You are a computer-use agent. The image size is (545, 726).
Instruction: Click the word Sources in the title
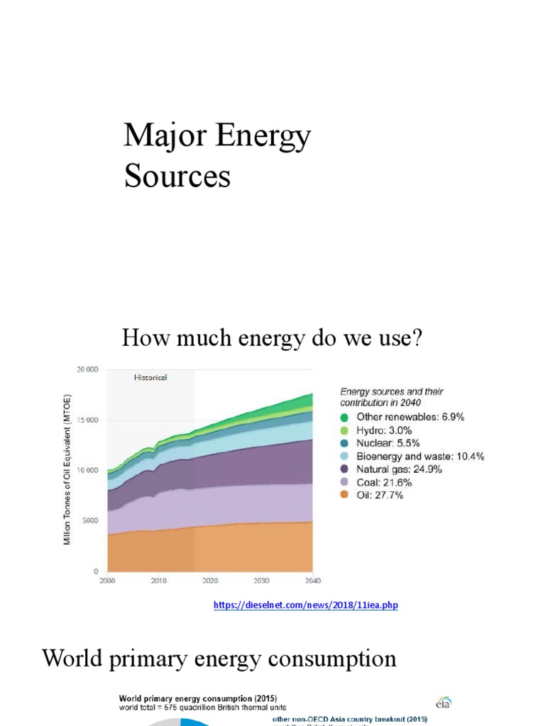tap(177, 176)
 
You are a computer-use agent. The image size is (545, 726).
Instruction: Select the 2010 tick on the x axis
tap(158, 581)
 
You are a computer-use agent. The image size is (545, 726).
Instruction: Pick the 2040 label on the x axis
tap(312, 581)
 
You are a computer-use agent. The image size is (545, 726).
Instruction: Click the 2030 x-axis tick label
tap(261, 581)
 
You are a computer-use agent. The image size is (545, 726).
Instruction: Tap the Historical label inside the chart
tap(150, 378)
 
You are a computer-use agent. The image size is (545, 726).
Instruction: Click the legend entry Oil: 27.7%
tap(380, 495)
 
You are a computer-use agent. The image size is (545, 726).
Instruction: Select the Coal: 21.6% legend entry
tap(383, 482)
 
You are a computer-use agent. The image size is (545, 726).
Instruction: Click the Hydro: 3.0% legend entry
tap(384, 430)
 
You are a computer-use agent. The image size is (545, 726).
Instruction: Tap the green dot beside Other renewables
tap(344, 418)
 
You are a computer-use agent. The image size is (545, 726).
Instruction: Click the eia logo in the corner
tap(444, 702)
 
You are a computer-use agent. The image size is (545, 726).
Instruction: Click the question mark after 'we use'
tap(417, 338)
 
